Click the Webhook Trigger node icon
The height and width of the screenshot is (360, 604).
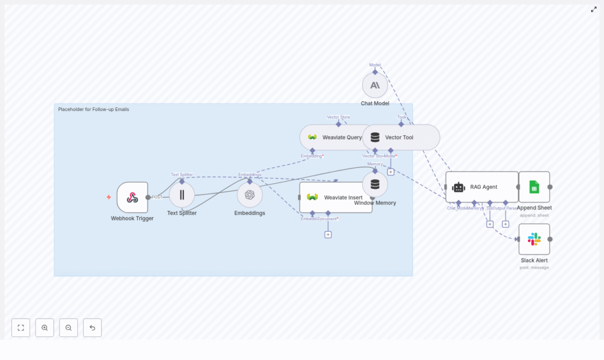pyautogui.click(x=132, y=197)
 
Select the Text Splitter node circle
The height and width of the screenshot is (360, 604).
pyautogui.click(x=182, y=195)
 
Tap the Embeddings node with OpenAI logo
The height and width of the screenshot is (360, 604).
pyautogui.click(x=250, y=195)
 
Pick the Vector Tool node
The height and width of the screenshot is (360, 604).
pyautogui.click(x=401, y=138)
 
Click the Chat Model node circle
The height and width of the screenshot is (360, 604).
pyautogui.click(x=375, y=86)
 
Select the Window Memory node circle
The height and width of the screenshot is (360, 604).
pyautogui.click(x=375, y=184)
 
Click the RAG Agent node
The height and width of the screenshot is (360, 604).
pyautogui.click(x=481, y=187)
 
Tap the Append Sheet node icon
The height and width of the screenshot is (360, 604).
pyautogui.click(x=534, y=187)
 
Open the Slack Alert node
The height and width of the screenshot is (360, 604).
pyautogui.click(x=534, y=239)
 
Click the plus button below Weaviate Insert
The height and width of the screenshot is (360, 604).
pyautogui.click(x=328, y=234)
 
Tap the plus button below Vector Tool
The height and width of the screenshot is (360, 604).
pyautogui.click(x=390, y=172)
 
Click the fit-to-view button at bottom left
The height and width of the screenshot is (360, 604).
pyautogui.click(x=21, y=328)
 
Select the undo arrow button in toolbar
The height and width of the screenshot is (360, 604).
pyautogui.click(x=92, y=328)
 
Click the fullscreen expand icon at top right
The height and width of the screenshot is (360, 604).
pyautogui.click(x=593, y=9)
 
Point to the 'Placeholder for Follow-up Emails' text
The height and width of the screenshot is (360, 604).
pyautogui.click(x=93, y=109)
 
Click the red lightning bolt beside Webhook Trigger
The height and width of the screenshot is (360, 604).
pyautogui.click(x=109, y=197)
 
